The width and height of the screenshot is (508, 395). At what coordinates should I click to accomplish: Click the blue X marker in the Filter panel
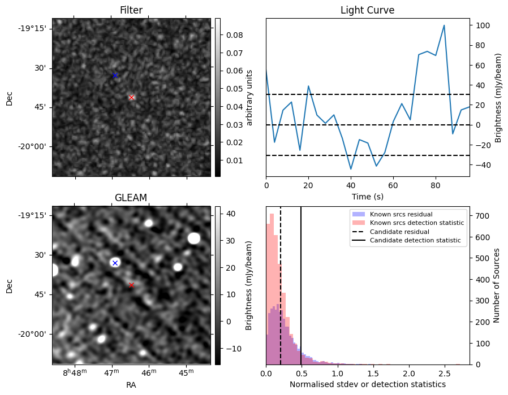tap(115, 75)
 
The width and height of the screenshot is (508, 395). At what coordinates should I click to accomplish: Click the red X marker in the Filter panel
tap(132, 97)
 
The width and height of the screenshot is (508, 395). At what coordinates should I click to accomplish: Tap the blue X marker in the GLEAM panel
tap(115, 263)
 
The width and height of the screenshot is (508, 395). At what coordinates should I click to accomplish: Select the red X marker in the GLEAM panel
tap(131, 285)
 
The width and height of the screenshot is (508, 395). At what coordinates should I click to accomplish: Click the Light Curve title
tap(367, 10)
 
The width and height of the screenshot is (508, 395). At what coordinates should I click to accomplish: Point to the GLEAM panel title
tap(131, 197)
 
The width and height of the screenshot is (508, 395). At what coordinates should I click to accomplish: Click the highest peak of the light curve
tap(444, 25)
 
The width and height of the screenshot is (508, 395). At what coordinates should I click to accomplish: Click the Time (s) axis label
tap(367, 196)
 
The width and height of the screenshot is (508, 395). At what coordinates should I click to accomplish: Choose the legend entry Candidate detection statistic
tap(415, 241)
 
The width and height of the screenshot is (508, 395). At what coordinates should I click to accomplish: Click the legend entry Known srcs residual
tap(401, 214)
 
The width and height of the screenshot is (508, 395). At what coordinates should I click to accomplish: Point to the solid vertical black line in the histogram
tap(301, 283)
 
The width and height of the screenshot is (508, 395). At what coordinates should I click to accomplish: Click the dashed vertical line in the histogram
tap(281, 283)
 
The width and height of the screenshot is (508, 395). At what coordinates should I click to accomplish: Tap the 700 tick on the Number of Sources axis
tap(481, 216)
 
